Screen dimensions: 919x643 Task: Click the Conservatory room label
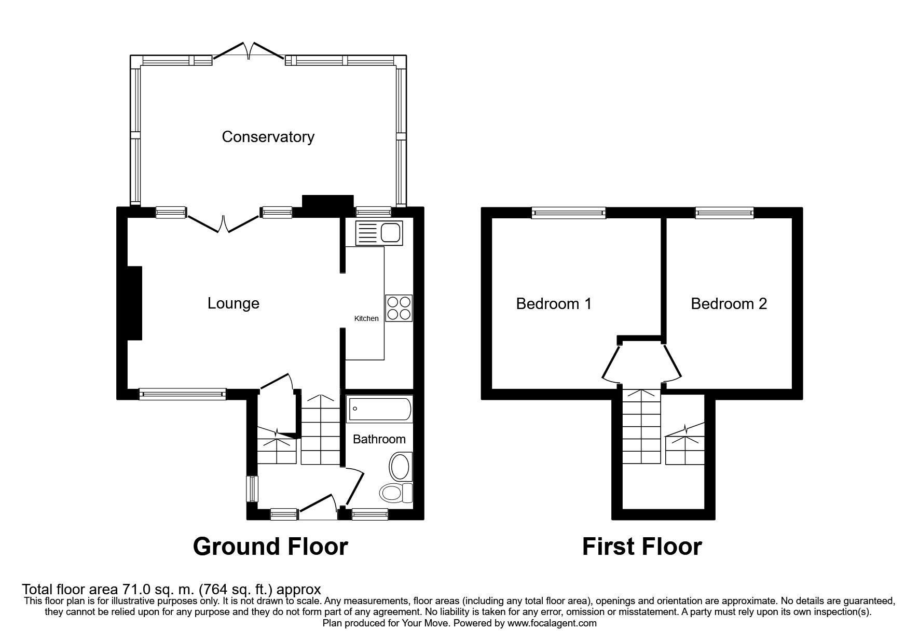[268, 137]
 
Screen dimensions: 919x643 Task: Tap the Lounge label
[234, 303]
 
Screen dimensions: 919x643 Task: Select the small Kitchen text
[366, 318]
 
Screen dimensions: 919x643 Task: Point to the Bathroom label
[379, 439]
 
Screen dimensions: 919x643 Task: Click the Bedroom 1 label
[554, 303]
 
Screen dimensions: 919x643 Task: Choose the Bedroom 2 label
[729, 303]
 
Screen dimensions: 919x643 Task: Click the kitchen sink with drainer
[379, 233]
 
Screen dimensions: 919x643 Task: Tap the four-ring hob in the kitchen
[399, 308]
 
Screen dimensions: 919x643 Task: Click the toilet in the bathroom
[396, 493]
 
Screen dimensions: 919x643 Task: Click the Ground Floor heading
[270, 547]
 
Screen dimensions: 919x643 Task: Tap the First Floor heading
[642, 547]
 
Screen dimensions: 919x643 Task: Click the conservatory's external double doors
[249, 51]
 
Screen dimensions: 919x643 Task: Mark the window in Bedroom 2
[724, 212]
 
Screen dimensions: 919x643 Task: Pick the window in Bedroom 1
[569, 212]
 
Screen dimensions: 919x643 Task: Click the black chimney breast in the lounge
[134, 303]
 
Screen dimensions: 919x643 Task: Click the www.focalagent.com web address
[552, 623]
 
